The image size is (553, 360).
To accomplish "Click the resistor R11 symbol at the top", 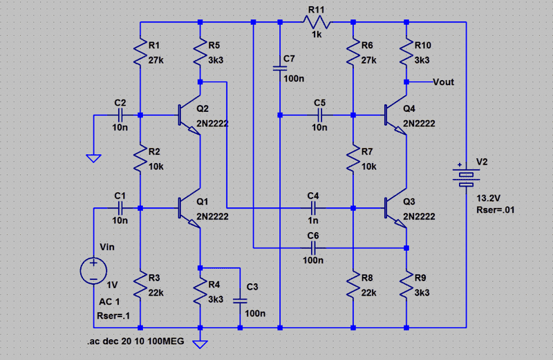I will pyautogui.click(x=316, y=22).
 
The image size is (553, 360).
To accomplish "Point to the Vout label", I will pyautogui.click(x=443, y=82).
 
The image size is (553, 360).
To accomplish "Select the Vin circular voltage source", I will pyautogui.click(x=93, y=269).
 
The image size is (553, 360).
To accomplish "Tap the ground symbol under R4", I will pyautogui.click(x=200, y=343).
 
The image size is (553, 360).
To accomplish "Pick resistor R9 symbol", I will pyautogui.click(x=406, y=285).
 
